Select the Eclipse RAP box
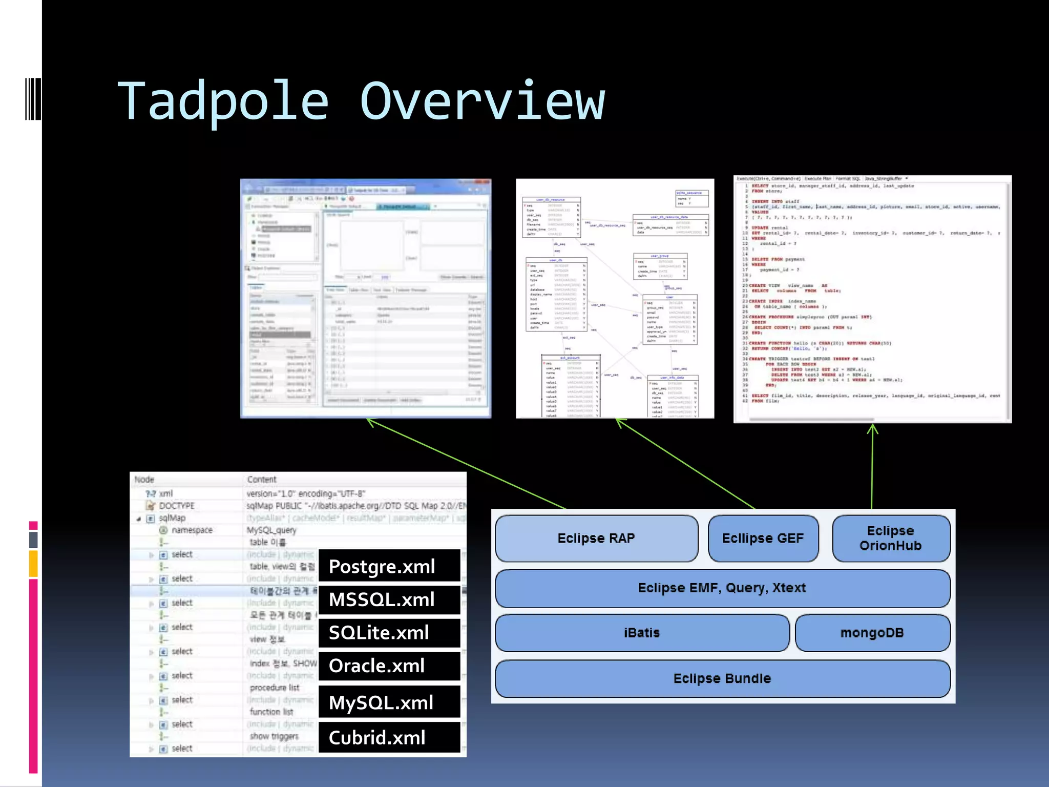coord(596,538)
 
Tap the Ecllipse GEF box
coord(763,538)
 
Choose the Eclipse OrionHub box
coord(890,538)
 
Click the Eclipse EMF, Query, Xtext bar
coord(722,588)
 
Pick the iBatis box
coord(642,633)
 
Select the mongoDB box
coord(872,633)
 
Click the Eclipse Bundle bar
coord(722,678)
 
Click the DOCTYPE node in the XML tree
coord(176,506)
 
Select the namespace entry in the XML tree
coord(192,530)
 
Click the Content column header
coord(262,480)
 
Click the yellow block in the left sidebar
coord(33,564)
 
